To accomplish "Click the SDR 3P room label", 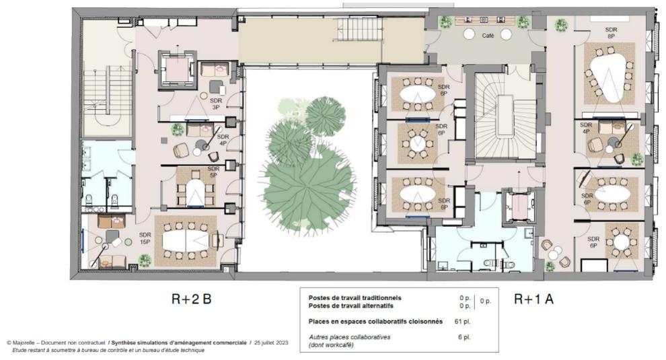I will click(216, 104).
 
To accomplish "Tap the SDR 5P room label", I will click(213, 172).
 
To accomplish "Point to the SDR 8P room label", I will click(611, 33).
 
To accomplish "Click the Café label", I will click(488, 37).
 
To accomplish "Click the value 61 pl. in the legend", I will click(462, 322).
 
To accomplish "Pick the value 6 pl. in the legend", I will click(464, 336).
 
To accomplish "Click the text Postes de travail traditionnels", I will click(355, 297).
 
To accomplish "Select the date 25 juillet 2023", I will click(271, 343).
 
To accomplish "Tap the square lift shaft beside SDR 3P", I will click(177, 70).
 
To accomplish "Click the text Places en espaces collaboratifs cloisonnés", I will click(375, 322).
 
